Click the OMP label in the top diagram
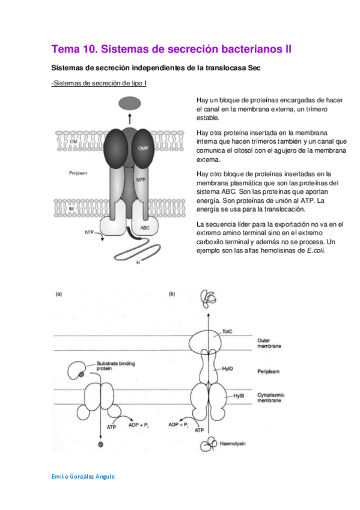tap(142, 147)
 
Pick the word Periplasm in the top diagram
tap(79, 173)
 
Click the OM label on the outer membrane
tap(73, 141)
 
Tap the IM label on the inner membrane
tap(71, 207)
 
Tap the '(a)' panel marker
tap(59, 294)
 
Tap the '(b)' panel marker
tap(172, 294)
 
